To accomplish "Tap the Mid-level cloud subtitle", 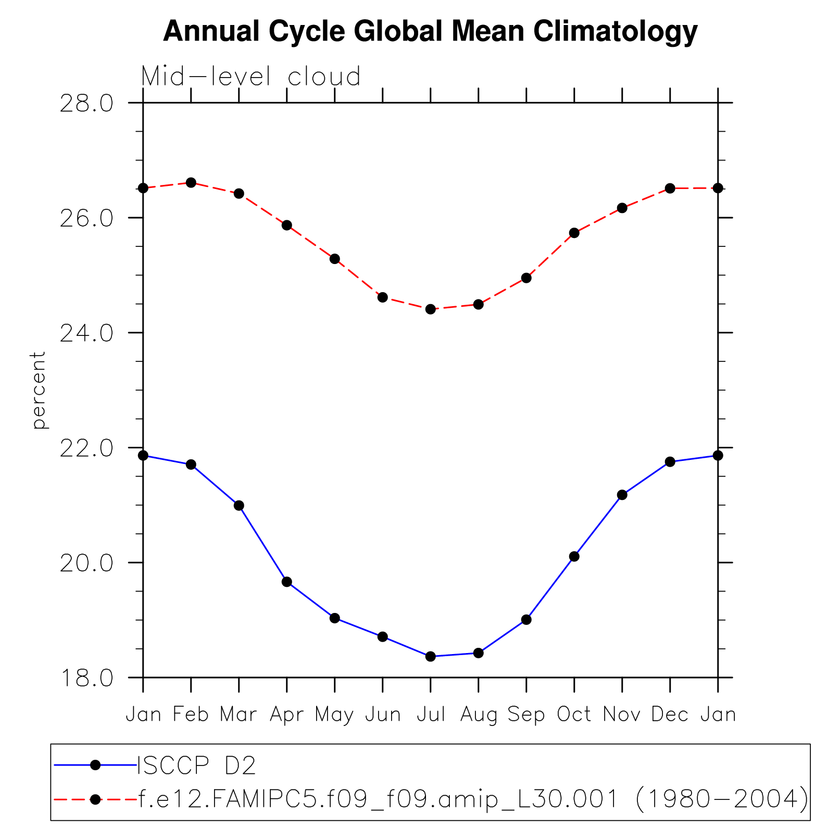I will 250,77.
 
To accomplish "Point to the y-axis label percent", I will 39,390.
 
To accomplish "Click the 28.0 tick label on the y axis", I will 86,103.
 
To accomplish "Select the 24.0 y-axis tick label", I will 86,333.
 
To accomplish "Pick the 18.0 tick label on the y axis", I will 86,679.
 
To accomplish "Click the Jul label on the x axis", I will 431,714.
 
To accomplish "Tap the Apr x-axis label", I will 286,714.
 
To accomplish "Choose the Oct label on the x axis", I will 574,714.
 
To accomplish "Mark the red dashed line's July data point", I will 431,309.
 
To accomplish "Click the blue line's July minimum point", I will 431,657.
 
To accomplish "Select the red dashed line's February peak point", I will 191,182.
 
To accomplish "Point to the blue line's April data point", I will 287,582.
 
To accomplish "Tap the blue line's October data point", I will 574,557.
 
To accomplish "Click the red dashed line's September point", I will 526,278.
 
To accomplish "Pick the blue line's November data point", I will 622,495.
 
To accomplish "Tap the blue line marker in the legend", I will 95,764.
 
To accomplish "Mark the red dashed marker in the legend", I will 95,799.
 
